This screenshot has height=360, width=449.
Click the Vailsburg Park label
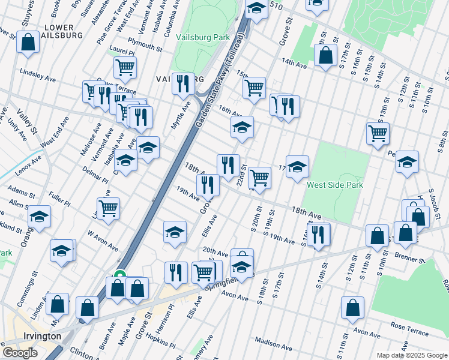(x=203, y=37)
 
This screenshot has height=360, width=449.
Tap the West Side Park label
(x=334, y=185)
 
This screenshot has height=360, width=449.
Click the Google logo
(x=19, y=353)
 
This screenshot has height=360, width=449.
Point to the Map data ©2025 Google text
(x=411, y=355)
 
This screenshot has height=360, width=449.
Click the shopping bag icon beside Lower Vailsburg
(x=28, y=43)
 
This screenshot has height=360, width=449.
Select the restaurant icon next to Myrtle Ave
(x=183, y=84)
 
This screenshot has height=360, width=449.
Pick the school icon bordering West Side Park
(x=297, y=167)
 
